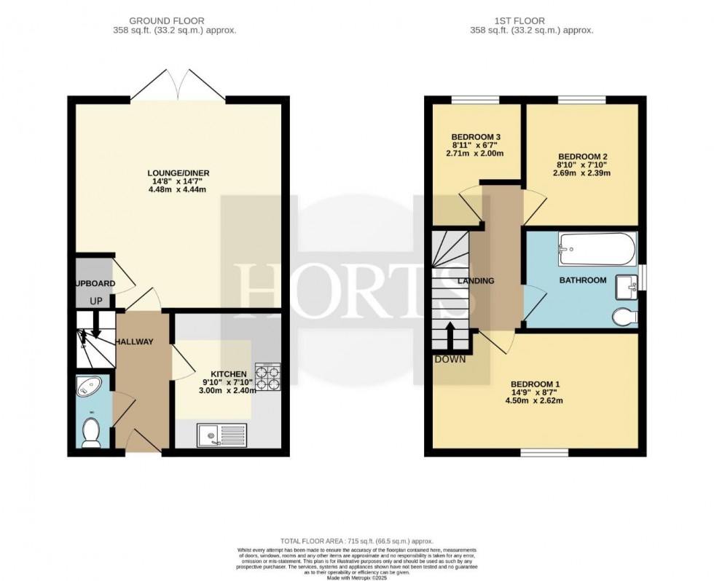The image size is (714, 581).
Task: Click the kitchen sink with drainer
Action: point(221,435)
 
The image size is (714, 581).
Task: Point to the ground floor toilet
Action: point(91,434)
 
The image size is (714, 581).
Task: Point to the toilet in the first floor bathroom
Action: point(624,317)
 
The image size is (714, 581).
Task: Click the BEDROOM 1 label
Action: point(535,384)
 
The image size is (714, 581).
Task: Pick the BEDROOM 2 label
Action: point(582,157)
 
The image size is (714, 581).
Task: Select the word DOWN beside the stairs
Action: point(450,359)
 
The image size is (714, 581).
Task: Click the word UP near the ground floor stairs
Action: point(96,301)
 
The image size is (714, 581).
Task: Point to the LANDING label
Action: point(476,281)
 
